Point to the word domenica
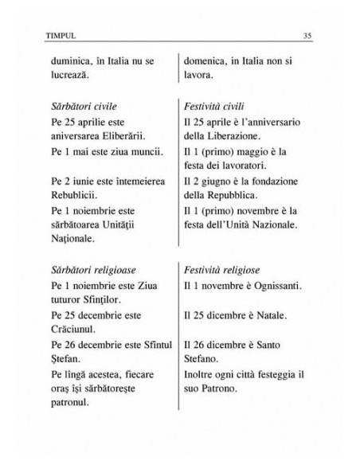pos(210,61)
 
